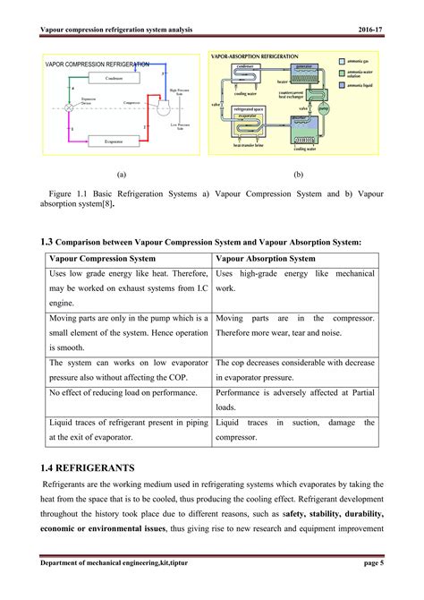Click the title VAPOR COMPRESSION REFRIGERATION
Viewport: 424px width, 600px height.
(x=97, y=64)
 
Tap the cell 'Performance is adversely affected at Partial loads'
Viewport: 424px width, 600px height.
(x=294, y=399)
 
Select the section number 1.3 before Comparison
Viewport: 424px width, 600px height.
(x=47, y=240)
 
